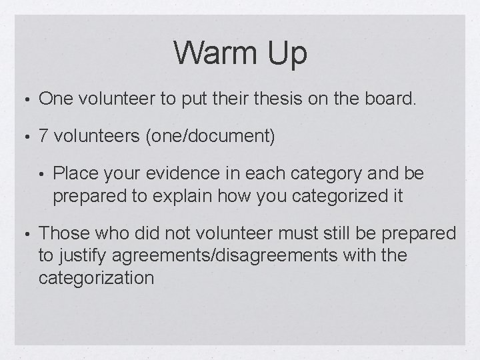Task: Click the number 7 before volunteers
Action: tap(43, 137)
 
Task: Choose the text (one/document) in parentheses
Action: tap(208, 137)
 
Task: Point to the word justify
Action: tap(80, 255)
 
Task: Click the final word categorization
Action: tap(97, 278)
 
